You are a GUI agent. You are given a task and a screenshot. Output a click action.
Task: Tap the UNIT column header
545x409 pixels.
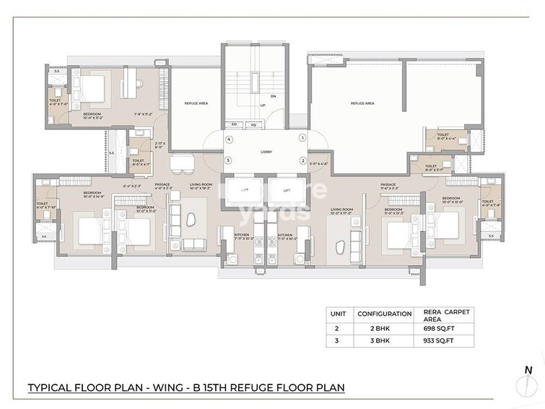[x=337, y=314]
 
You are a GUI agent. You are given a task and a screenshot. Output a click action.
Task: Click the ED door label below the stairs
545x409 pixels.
[x=235, y=124]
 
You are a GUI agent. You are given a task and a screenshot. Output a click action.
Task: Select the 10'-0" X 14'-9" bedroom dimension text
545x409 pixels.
[x=94, y=197]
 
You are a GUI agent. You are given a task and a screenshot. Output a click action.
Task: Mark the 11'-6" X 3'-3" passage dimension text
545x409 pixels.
[x=391, y=189]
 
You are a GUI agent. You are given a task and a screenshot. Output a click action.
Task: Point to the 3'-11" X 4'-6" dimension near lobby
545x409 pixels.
[x=318, y=164]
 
